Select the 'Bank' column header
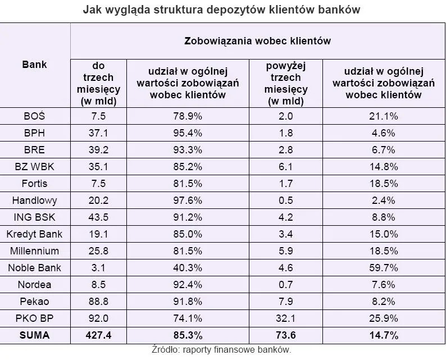tap(35, 65)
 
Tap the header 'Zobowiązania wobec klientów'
tap(257, 40)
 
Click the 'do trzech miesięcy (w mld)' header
tap(98, 84)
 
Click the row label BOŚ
tap(35, 116)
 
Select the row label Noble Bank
tap(35, 268)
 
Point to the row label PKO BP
tap(35, 318)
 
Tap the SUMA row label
tap(35, 335)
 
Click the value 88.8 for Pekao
tap(98, 302)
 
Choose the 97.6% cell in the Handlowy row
tap(188, 200)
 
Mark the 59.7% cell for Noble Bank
tap(384, 268)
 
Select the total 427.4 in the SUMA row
tap(98, 335)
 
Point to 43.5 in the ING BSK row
tap(98, 217)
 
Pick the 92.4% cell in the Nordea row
tap(188, 285)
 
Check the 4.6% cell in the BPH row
tap(384, 133)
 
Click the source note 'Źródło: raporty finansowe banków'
tap(221, 350)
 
